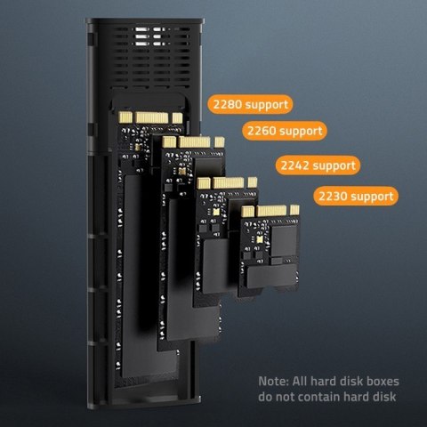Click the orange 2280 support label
point(250,104)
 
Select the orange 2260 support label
point(284,132)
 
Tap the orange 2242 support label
point(318,165)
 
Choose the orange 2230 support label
point(354,195)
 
